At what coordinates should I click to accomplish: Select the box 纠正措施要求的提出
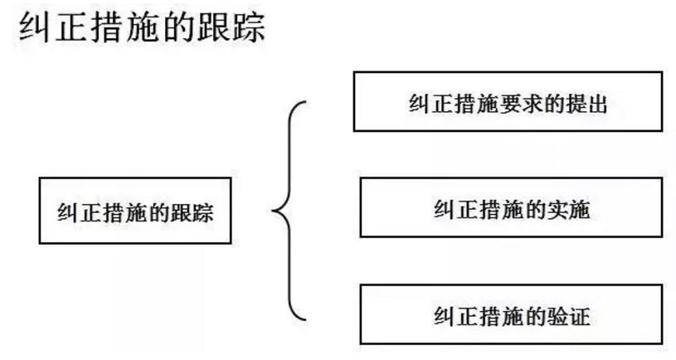[508, 102]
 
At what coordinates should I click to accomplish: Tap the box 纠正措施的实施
[511, 208]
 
